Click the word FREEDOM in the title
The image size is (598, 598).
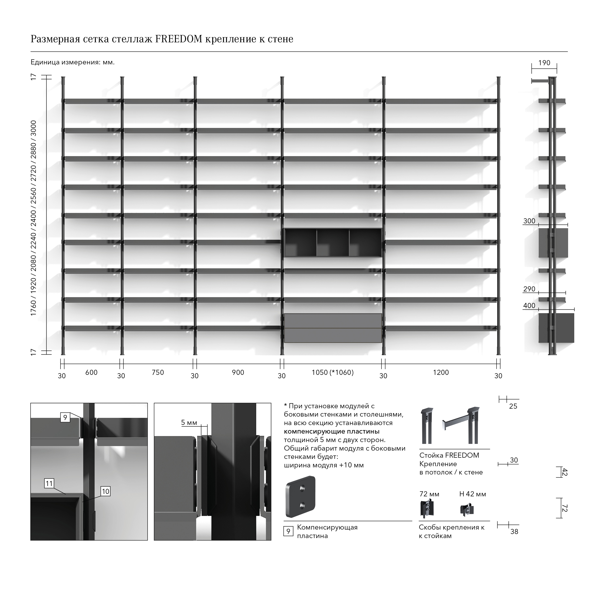pyautogui.click(x=179, y=39)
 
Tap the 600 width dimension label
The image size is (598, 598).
pyautogui.click(x=91, y=372)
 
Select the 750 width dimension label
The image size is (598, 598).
pyautogui.click(x=158, y=372)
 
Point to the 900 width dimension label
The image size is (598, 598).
pyautogui.click(x=238, y=372)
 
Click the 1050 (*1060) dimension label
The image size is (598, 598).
pyautogui.click(x=333, y=372)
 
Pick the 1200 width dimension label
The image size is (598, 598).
pyautogui.click(x=441, y=372)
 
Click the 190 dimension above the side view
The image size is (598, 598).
pyautogui.click(x=544, y=63)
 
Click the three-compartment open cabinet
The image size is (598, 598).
pyautogui.click(x=333, y=243)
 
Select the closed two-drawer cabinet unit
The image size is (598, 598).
pyautogui.click(x=333, y=328)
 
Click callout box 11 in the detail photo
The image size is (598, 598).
pyautogui.click(x=49, y=483)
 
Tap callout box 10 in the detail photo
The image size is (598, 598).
pyautogui.click(x=106, y=491)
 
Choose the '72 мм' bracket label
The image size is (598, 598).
pyautogui.click(x=429, y=494)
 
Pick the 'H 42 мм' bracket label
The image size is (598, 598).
pyautogui.click(x=473, y=494)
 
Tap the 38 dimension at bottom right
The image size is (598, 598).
pyautogui.click(x=514, y=531)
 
